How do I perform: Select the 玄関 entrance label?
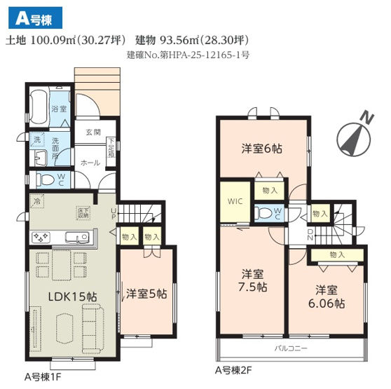93,132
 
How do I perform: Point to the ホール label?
90,162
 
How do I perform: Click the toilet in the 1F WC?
44,179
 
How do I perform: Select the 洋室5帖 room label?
146,294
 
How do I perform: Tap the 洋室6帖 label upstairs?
262,149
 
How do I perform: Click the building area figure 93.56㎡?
170,39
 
